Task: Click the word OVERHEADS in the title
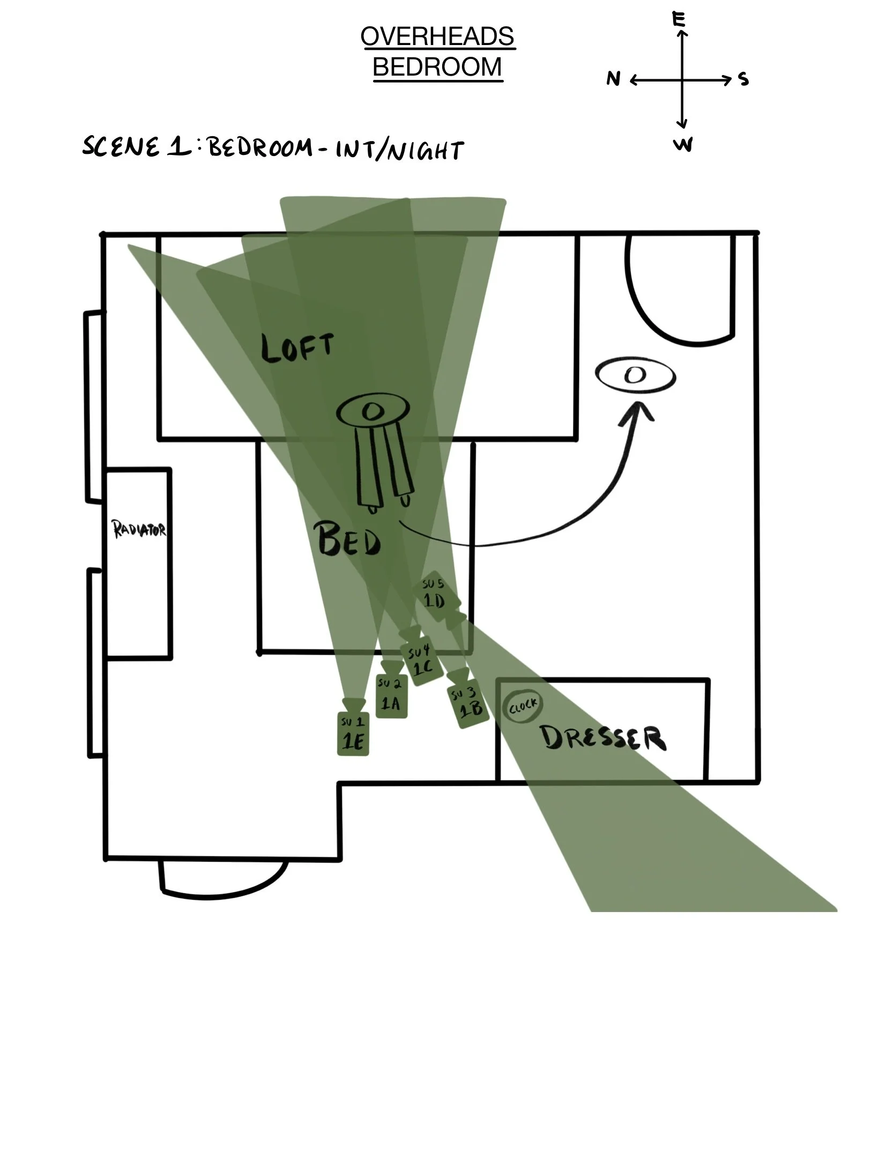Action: click(x=437, y=36)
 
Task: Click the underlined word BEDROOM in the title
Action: click(x=437, y=67)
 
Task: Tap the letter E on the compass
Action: click(x=679, y=20)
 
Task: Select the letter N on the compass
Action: click(x=613, y=79)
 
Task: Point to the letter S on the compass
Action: click(x=743, y=79)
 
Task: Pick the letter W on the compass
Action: click(x=683, y=145)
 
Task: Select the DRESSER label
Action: click(x=603, y=738)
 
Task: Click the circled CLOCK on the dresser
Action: click(x=523, y=707)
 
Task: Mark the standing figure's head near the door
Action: click(x=635, y=376)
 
